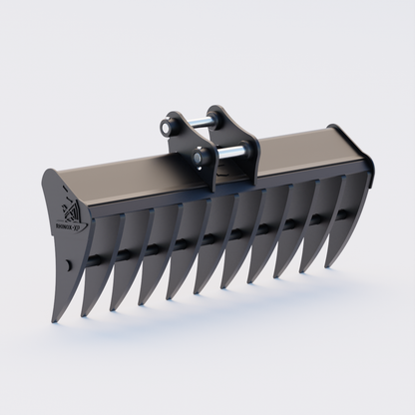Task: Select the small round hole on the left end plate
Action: pos(68,265)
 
